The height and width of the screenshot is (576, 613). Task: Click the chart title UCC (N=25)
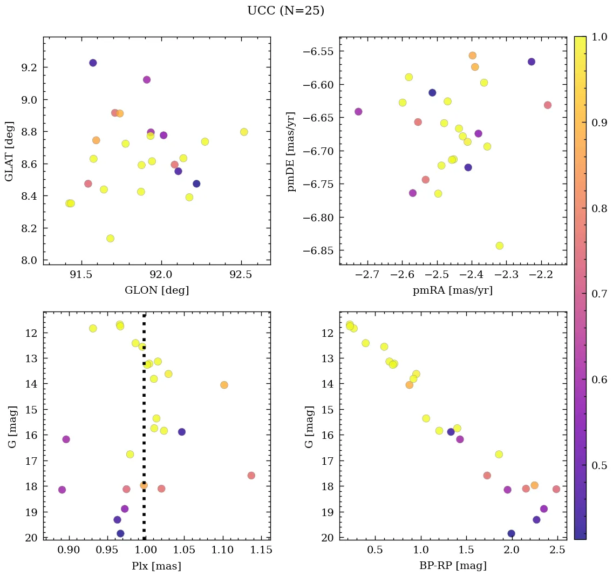coord(285,11)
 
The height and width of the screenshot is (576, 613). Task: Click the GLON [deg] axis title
coord(156,290)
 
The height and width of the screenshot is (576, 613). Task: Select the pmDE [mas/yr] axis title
coord(292,151)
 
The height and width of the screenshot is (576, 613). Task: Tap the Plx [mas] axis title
coord(156,566)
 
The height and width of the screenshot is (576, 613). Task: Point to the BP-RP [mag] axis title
coord(453,566)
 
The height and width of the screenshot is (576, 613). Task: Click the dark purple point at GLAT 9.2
coord(93,63)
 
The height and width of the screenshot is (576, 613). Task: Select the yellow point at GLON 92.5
coord(244,132)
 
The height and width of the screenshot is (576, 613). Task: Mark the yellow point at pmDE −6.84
coord(500,246)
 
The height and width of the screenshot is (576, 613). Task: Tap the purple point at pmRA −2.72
coord(358,112)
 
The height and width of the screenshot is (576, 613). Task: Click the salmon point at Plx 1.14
coord(251,476)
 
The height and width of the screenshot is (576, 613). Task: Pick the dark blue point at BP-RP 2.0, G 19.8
coord(511,533)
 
